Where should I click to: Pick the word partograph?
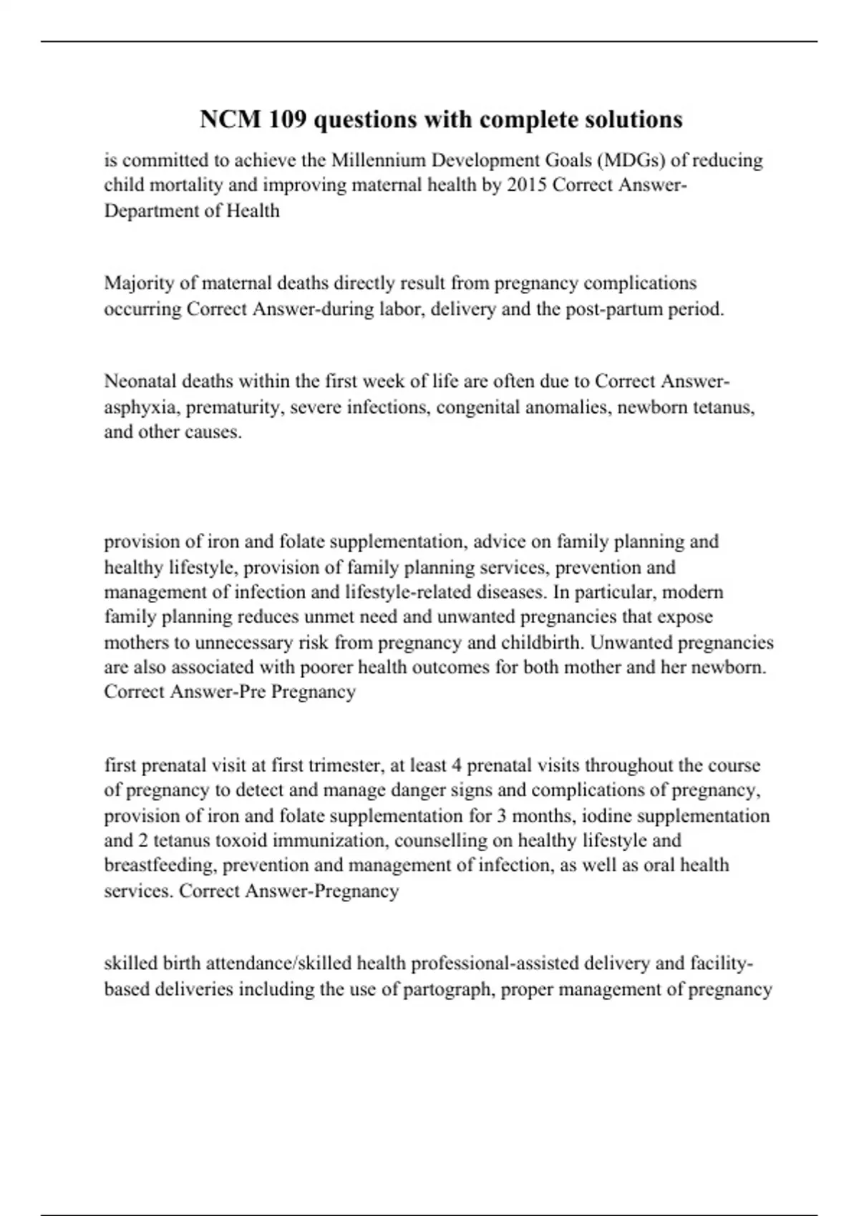click(442, 989)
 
